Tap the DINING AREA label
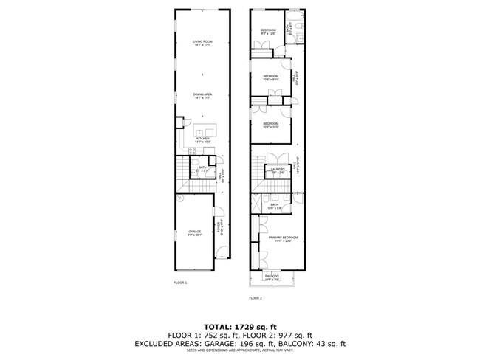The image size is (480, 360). pos(203,94)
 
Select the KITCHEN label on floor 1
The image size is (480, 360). pos(203,139)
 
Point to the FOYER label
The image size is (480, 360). pos(219,226)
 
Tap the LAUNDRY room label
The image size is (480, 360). pos(278,170)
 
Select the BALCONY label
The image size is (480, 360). pos(272,277)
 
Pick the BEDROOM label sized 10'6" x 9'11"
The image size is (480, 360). pos(271,77)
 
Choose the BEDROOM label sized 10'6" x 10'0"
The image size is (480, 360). pos(271,124)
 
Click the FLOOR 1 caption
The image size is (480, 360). pos(180,283)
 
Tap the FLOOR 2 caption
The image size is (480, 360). pos(256,297)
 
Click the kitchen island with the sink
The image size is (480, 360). pos(203,131)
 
